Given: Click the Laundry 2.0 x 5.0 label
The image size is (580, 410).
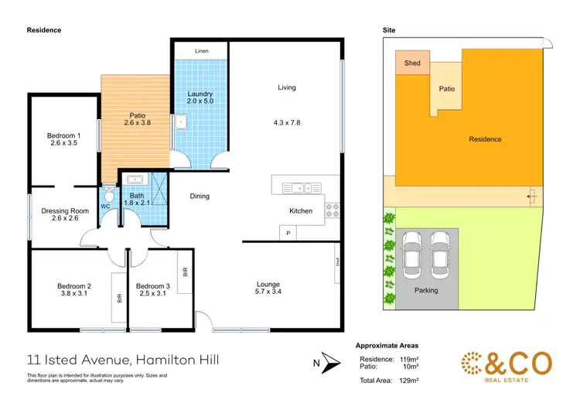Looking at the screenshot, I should (200, 97).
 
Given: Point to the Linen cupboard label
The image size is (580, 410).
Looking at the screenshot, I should (201, 51).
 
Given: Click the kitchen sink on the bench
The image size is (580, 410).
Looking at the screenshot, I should (298, 186).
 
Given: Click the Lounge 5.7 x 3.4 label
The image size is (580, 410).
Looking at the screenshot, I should (268, 288).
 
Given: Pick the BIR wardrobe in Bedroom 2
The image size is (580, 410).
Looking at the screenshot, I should (119, 296).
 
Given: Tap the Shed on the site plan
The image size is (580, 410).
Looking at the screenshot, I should (412, 63).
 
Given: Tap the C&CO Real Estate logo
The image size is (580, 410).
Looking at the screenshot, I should (507, 366).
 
